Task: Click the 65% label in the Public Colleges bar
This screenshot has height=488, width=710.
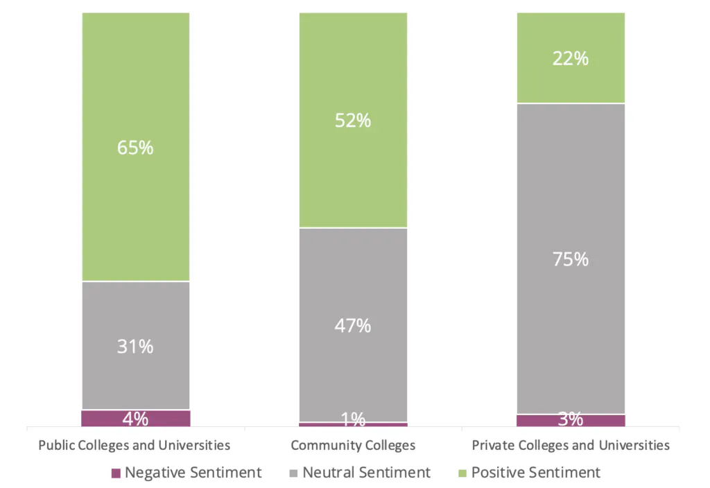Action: tap(136, 148)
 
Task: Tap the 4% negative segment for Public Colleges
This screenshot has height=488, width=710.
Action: tap(136, 418)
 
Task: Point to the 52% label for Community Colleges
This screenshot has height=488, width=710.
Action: tap(353, 121)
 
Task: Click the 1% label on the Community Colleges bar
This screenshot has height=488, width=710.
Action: tap(353, 419)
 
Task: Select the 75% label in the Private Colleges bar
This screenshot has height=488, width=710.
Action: tap(571, 259)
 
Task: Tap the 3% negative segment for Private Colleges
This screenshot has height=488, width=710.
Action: tap(571, 420)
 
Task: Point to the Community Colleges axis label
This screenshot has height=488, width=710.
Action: tap(353, 445)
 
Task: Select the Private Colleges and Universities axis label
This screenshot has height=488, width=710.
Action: tap(571, 445)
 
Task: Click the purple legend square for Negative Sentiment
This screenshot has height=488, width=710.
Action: tap(116, 473)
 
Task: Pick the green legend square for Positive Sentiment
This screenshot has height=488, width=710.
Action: tap(462, 473)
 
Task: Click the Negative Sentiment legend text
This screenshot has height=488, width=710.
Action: tap(193, 473)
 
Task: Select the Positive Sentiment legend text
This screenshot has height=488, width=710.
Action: tap(535, 473)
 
